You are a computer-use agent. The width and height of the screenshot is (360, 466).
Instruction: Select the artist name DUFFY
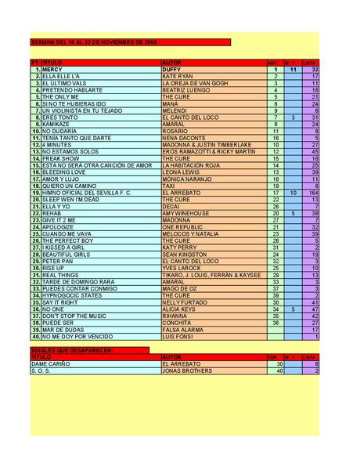click(x=171, y=70)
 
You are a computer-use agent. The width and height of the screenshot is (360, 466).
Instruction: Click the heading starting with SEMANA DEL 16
click(x=94, y=42)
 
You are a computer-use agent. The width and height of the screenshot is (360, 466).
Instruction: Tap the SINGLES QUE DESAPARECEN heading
click(x=73, y=350)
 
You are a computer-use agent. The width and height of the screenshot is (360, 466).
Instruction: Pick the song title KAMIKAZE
click(x=57, y=124)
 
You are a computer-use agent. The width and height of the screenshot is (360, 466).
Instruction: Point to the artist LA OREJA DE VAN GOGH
click(x=195, y=83)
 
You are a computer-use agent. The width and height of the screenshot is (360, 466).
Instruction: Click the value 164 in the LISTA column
click(x=313, y=193)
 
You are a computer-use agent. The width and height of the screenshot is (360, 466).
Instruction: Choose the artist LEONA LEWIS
click(x=181, y=172)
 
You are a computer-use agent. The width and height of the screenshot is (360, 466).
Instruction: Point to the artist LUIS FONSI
click(x=177, y=337)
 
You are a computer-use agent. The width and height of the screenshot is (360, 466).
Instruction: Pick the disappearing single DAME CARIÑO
click(x=51, y=364)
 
